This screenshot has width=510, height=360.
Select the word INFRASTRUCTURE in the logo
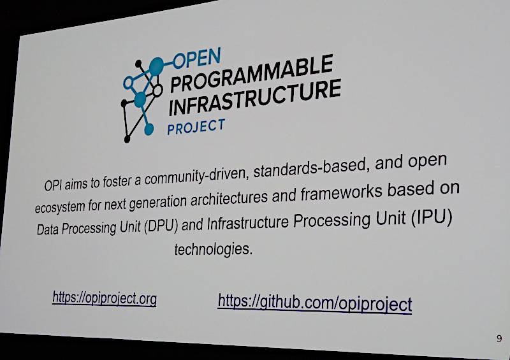tap(254, 97)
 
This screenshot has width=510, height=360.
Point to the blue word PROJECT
tap(196, 127)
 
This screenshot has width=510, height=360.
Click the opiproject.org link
tap(105, 298)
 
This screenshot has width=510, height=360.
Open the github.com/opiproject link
tap(315, 303)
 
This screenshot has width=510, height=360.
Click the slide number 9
tap(499, 338)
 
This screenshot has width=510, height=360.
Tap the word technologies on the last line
tap(214, 249)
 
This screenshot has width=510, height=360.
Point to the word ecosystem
tap(59, 207)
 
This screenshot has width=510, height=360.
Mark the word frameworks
tap(341, 193)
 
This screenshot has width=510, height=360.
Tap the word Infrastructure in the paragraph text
tap(248, 223)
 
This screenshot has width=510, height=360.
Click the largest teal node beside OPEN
tap(156, 66)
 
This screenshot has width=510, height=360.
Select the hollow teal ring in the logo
tap(129, 83)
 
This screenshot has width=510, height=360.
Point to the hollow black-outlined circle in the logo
tap(157, 90)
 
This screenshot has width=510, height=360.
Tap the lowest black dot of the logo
tap(127, 139)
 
